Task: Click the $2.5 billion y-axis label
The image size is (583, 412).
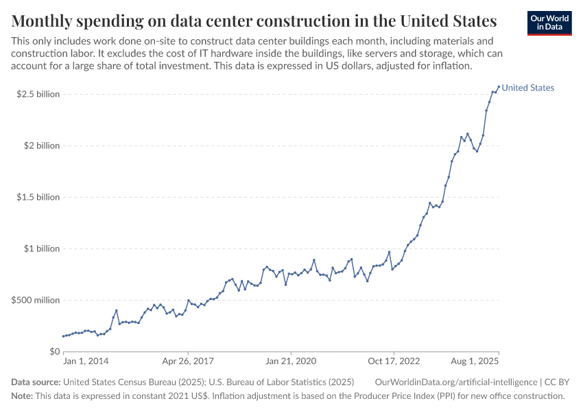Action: coord(38,94)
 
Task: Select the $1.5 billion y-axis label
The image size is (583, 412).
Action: coord(38,197)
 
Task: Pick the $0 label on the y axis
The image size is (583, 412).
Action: coord(54,352)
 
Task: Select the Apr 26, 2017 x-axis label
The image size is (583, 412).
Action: coord(188,360)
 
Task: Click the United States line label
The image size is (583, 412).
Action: coord(527,88)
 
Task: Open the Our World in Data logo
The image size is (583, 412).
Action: coord(549,23)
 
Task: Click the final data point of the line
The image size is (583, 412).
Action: coord(499,87)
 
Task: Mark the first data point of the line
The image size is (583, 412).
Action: coord(63,336)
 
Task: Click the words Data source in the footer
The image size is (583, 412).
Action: coord(36,382)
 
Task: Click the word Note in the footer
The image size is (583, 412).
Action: coord(22,396)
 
